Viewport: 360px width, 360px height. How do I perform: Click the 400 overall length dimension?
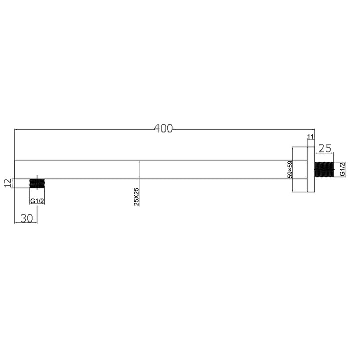[163, 129]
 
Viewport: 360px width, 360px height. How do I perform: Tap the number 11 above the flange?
[310, 137]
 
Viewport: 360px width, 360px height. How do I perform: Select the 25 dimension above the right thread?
[325, 148]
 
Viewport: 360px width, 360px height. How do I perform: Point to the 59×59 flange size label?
[290, 169]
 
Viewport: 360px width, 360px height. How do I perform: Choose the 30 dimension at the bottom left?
[26, 218]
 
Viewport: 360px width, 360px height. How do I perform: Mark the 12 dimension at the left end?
[6, 183]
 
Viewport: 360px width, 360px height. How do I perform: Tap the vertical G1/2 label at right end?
[342, 170]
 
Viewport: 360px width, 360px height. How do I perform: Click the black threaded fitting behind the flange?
[324, 170]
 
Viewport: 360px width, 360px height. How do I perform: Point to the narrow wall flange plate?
[310, 169]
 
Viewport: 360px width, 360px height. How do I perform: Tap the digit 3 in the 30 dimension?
[23, 218]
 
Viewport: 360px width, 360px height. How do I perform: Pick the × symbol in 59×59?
[290, 169]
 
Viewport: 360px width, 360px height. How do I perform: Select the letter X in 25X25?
[137, 197]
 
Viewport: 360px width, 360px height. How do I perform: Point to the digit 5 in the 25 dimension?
[329, 148]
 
